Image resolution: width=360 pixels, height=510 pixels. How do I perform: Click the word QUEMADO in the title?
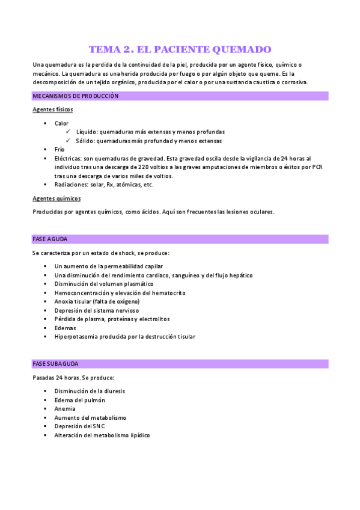243,49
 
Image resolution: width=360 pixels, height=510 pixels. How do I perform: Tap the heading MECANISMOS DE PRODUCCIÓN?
75,96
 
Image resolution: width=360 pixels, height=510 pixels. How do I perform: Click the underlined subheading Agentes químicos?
56,198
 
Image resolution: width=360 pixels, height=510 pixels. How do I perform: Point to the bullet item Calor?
61,123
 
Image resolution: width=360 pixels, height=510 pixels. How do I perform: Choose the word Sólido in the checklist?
85,141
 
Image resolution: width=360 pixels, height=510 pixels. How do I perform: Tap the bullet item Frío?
59,149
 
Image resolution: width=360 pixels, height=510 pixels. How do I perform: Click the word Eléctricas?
68,158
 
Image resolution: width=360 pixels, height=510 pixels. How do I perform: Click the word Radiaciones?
72,185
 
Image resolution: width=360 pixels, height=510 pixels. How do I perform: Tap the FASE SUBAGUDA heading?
55,364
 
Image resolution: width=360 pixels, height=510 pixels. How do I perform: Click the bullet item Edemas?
64,328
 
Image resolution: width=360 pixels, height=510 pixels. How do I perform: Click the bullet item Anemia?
64,408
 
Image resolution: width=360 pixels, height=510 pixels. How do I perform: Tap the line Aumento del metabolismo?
90,417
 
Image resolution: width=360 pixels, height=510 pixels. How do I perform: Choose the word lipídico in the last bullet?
137,435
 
